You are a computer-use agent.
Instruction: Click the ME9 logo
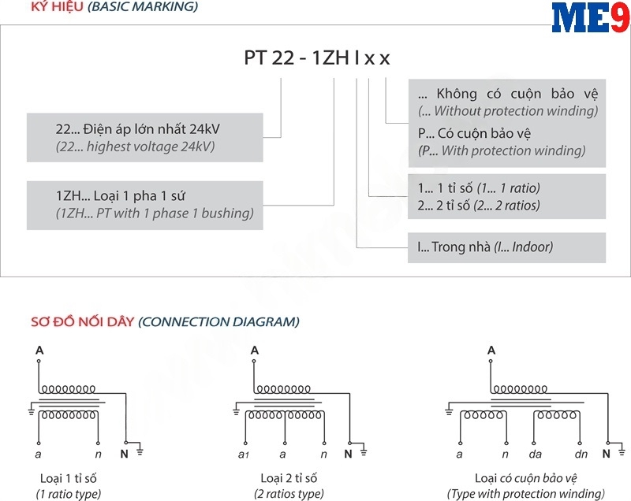pyautogui.click(x=590, y=17)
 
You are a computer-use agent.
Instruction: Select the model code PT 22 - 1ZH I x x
pyautogui.click(x=316, y=58)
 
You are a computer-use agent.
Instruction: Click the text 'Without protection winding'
pyautogui.click(x=508, y=111)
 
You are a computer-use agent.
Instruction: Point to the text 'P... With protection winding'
pyautogui.click(x=502, y=150)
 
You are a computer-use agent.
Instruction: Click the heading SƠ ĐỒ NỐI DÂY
pyautogui.click(x=83, y=321)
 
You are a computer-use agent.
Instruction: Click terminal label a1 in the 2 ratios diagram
pyautogui.click(x=244, y=454)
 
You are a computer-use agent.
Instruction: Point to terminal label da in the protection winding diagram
pyautogui.click(x=536, y=454)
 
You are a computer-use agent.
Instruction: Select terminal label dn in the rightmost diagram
pyautogui.click(x=581, y=454)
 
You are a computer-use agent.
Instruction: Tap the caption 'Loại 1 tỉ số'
pyautogui.click(x=68, y=478)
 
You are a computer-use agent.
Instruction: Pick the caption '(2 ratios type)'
pyautogui.click(x=289, y=494)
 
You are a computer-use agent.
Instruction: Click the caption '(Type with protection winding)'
pyautogui.click(x=525, y=494)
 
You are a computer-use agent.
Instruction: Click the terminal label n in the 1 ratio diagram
pyautogui.click(x=98, y=454)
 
